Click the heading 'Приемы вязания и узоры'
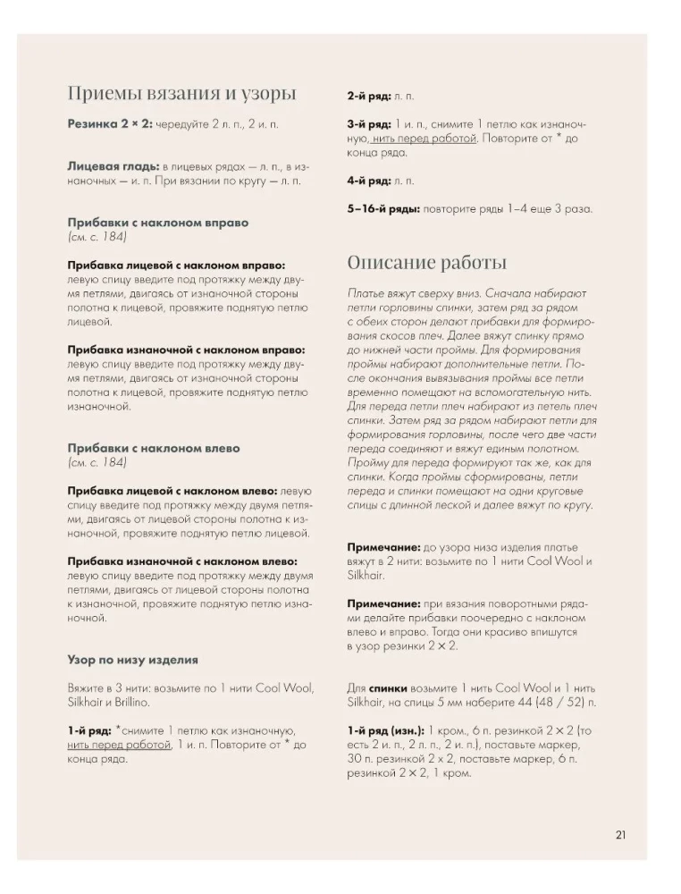(181, 94)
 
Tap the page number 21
(620, 835)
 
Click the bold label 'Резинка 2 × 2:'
(110, 126)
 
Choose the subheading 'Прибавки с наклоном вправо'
(157, 223)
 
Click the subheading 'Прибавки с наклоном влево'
(154, 448)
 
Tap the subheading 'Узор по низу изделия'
(132, 660)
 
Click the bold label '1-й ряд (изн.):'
(386, 730)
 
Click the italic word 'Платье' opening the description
(367, 293)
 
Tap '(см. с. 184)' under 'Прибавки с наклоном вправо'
(97, 237)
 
